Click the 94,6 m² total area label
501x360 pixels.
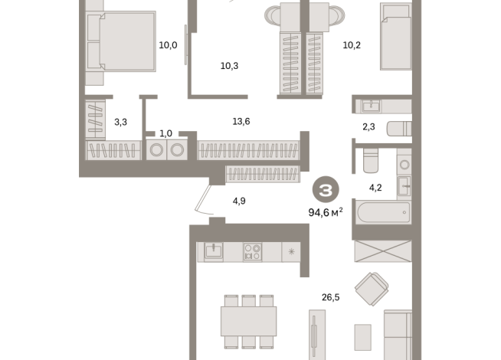tap(326, 212)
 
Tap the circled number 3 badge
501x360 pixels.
tap(326, 190)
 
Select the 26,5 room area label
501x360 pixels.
tap(331, 297)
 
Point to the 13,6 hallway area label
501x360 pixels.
tap(241, 121)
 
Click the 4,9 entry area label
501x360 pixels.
tap(239, 201)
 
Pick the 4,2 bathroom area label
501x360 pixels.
tap(375, 188)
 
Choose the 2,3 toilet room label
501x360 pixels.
tap(368, 127)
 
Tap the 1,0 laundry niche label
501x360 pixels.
tap(165, 133)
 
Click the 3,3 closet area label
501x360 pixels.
tap(121, 122)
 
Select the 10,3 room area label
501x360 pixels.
tap(229, 66)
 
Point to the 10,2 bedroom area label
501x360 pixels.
tap(352, 45)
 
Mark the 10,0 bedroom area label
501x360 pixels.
tap(168, 45)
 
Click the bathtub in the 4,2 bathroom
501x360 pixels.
tap(384, 212)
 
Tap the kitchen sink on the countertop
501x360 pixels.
tap(214, 252)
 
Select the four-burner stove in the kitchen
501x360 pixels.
tap(253, 252)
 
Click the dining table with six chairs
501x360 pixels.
tap(248, 322)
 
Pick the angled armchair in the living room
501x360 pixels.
tap(372, 289)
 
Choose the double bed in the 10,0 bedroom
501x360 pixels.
tap(121, 41)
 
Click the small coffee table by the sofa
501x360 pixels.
tap(363, 337)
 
